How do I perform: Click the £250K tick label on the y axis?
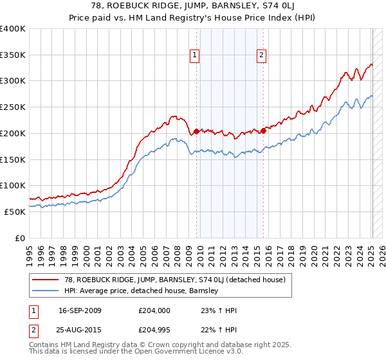pyautogui.click(x=13, y=107)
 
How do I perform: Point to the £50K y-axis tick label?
pyautogui.click(x=15, y=212)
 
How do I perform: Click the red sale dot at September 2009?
pyautogui.click(x=196, y=131)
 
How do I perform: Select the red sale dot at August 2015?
pyautogui.click(x=264, y=130)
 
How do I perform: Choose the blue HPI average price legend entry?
pyautogui.click(x=142, y=291)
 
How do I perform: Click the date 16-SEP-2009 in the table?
pyautogui.click(x=79, y=310)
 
